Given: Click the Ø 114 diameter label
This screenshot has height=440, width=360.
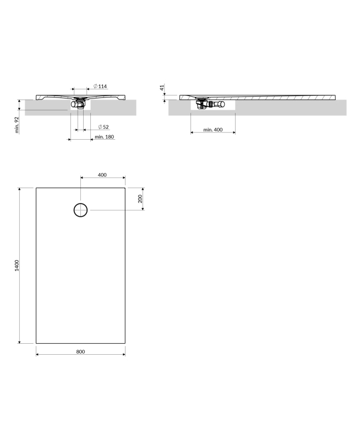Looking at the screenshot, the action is pos(100,86).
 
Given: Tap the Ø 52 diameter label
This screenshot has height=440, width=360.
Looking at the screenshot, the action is pos(103,127).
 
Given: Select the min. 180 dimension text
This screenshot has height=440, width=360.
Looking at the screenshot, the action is pos(104,136).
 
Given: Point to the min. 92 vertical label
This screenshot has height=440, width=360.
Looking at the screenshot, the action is pos(17,125).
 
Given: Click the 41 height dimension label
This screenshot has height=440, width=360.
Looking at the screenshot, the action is pos(162,87).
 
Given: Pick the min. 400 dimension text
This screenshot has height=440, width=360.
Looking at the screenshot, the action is pos(213,130).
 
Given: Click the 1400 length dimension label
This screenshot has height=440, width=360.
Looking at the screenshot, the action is pos(17,266).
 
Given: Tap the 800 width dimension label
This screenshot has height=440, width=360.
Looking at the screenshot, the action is pos(80,351).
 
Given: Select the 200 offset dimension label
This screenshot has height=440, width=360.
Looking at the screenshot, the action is pos(140,199).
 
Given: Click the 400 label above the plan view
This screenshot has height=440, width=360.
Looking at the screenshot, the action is pos(102,175).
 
